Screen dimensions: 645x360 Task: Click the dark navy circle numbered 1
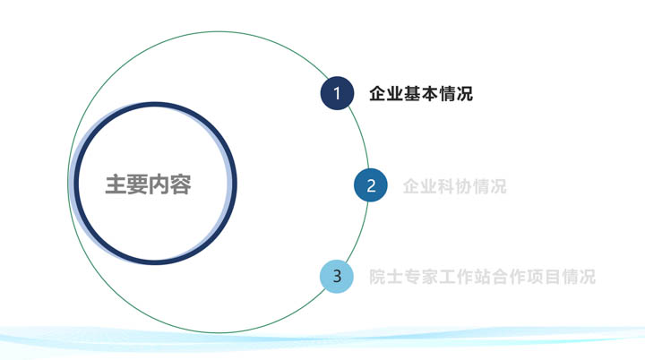coord(337,93)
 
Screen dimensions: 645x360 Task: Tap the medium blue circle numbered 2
coord(371,185)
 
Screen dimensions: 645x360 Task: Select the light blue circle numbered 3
coord(337,276)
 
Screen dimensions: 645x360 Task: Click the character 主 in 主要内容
coord(116,184)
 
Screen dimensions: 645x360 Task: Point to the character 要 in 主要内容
coord(137,184)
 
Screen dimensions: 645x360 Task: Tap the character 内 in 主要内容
coord(159,184)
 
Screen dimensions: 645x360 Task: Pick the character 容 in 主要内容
coord(180,184)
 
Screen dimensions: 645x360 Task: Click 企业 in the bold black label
coord(386,94)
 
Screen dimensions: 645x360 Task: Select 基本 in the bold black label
coord(421,94)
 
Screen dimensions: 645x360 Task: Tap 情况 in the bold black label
coord(456,94)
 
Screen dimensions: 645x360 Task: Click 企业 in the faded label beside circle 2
coord(420,186)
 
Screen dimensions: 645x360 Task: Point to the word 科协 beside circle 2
coord(454,186)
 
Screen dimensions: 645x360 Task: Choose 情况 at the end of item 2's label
coord(489,186)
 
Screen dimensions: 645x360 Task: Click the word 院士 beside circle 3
coord(386,277)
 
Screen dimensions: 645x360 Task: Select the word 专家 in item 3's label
coord(421,277)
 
